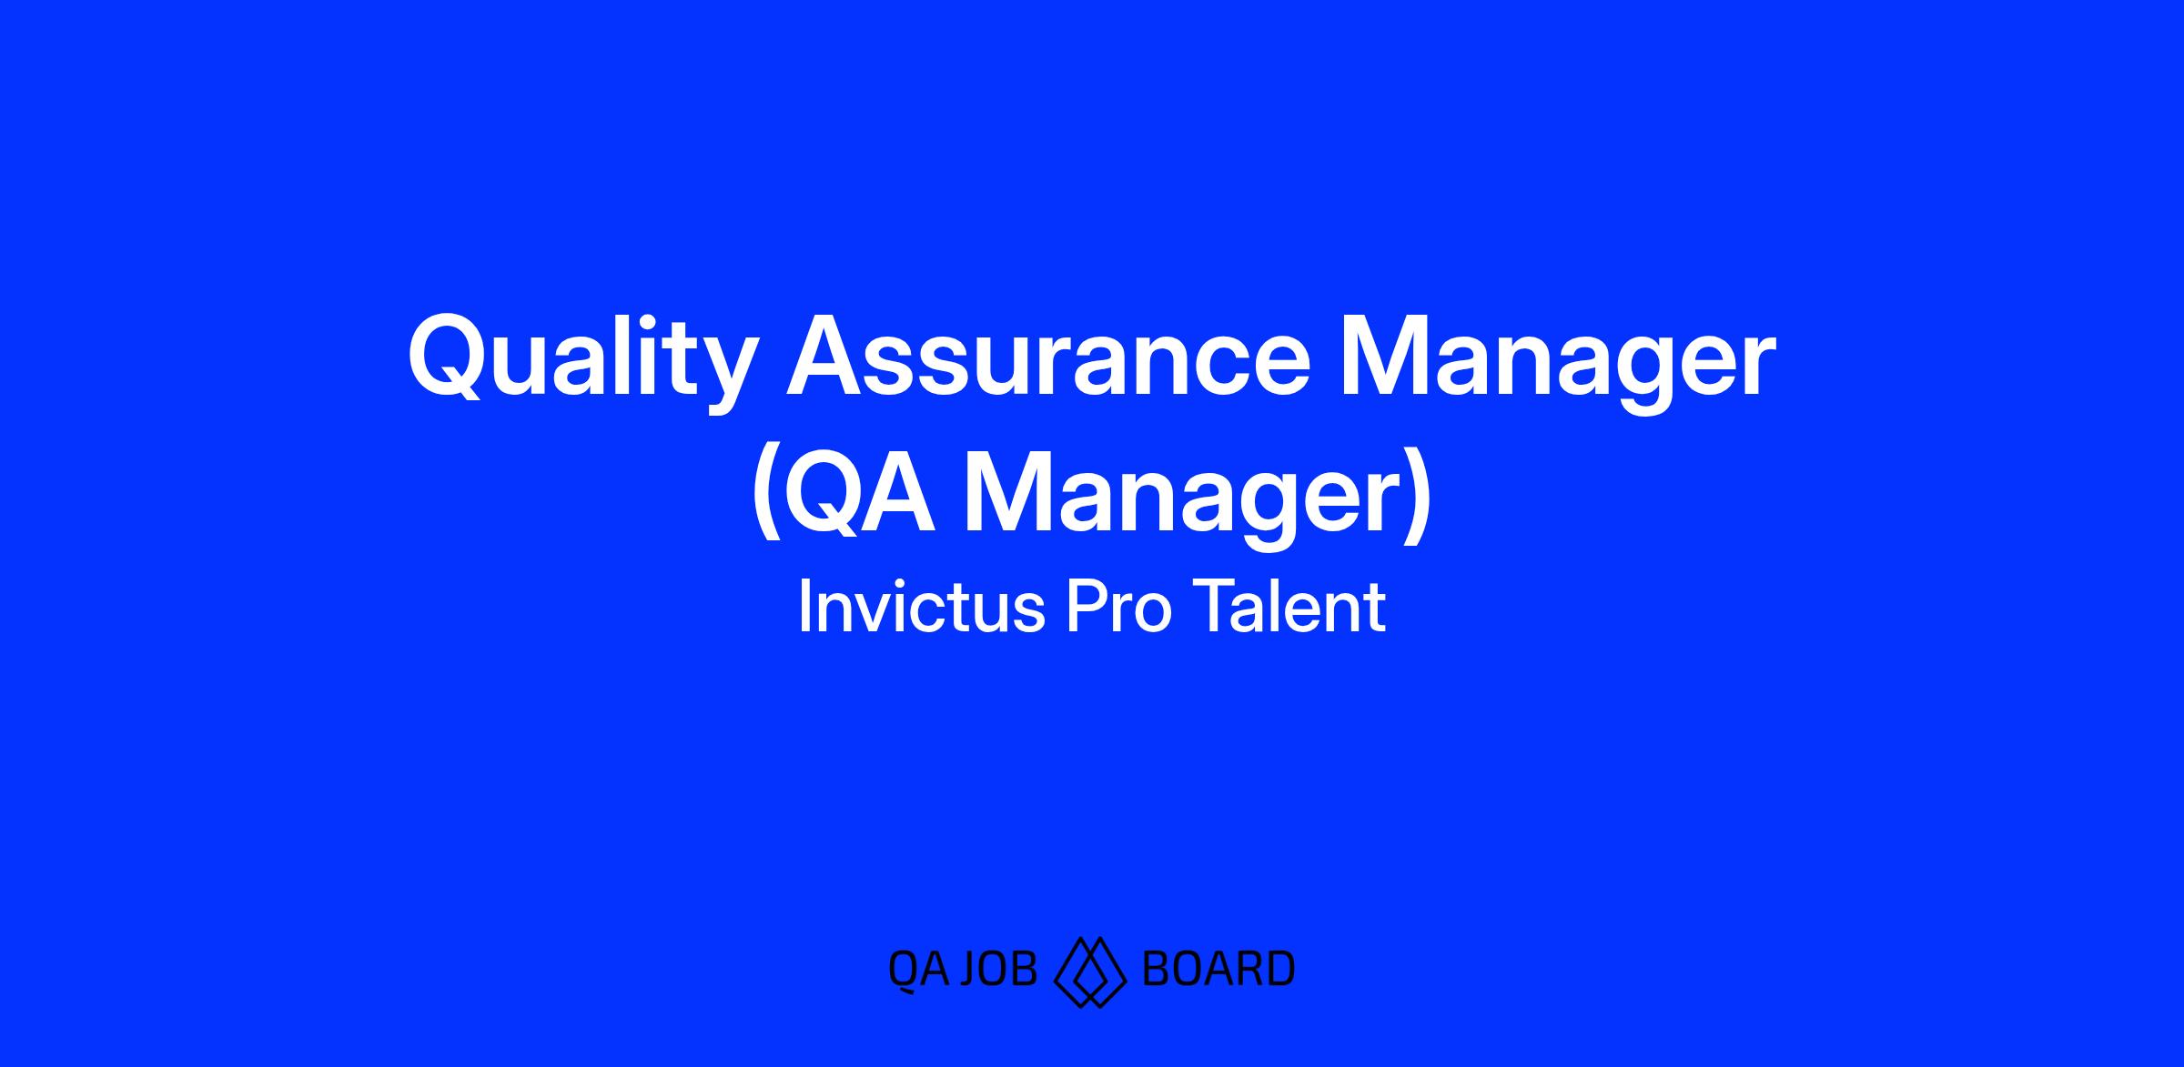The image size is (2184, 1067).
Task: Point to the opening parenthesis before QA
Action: (766, 496)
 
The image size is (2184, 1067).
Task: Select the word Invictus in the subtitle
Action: (921, 606)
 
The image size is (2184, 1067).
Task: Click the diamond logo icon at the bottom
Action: (1090, 971)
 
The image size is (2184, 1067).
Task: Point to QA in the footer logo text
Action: (920, 970)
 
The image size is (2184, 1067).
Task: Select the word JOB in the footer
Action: (999, 969)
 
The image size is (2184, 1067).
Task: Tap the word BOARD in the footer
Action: (1218, 969)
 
